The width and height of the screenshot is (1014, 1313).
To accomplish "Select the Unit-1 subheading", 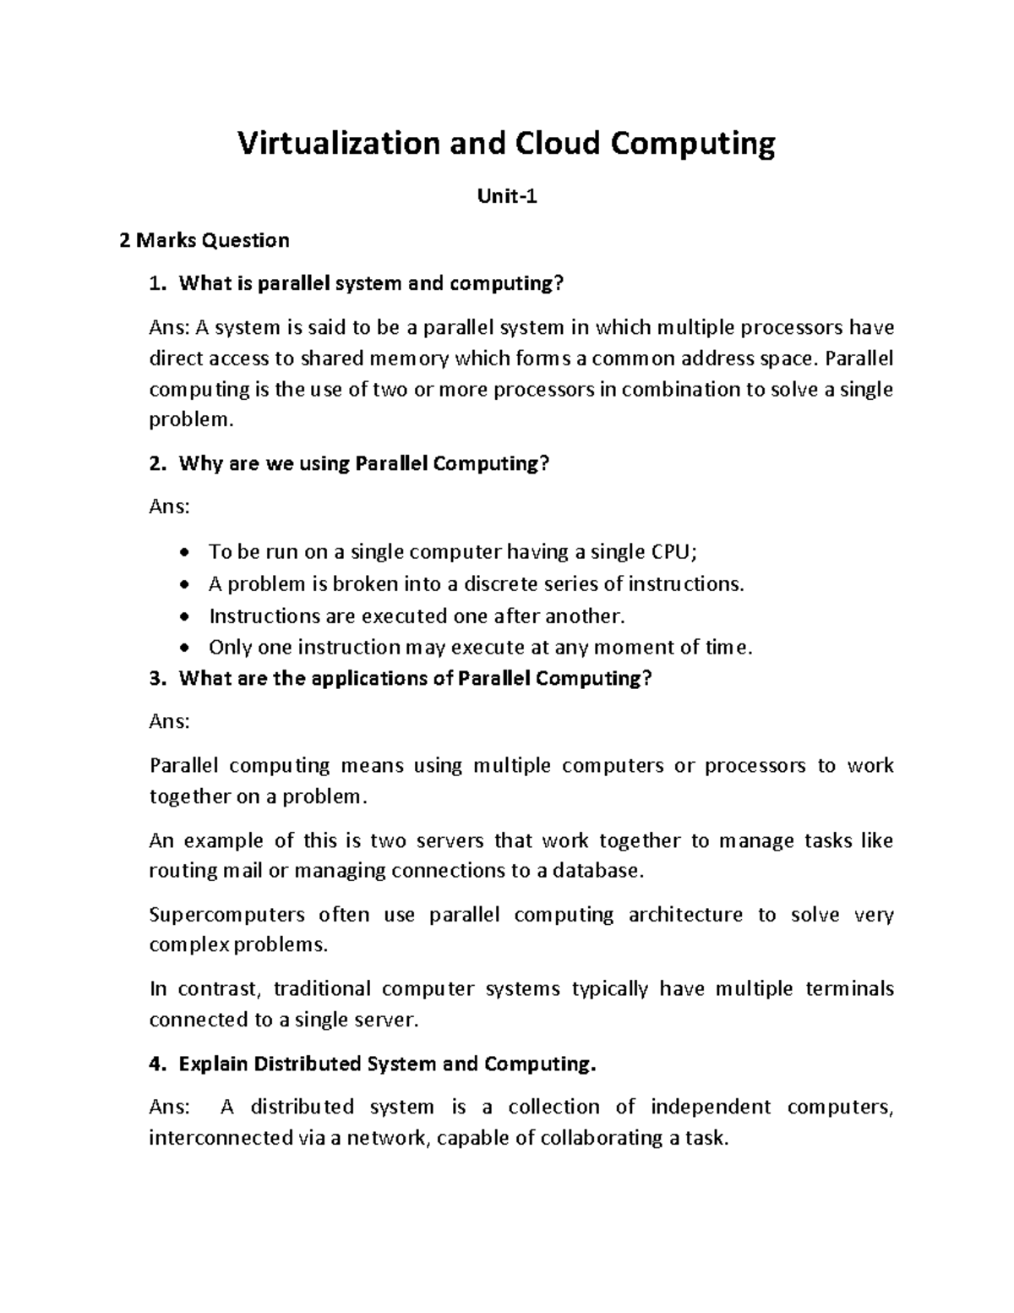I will coord(507,197).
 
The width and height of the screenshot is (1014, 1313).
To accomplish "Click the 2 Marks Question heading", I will coord(204,241).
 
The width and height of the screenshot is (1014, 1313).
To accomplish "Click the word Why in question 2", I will coord(199,464).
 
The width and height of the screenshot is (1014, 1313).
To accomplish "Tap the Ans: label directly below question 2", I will coord(169,507).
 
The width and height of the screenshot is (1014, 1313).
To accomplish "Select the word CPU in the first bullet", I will coord(673,552).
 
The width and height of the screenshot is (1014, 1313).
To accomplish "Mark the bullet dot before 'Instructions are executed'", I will coord(186,617).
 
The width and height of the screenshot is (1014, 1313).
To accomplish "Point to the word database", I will coord(597,871).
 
